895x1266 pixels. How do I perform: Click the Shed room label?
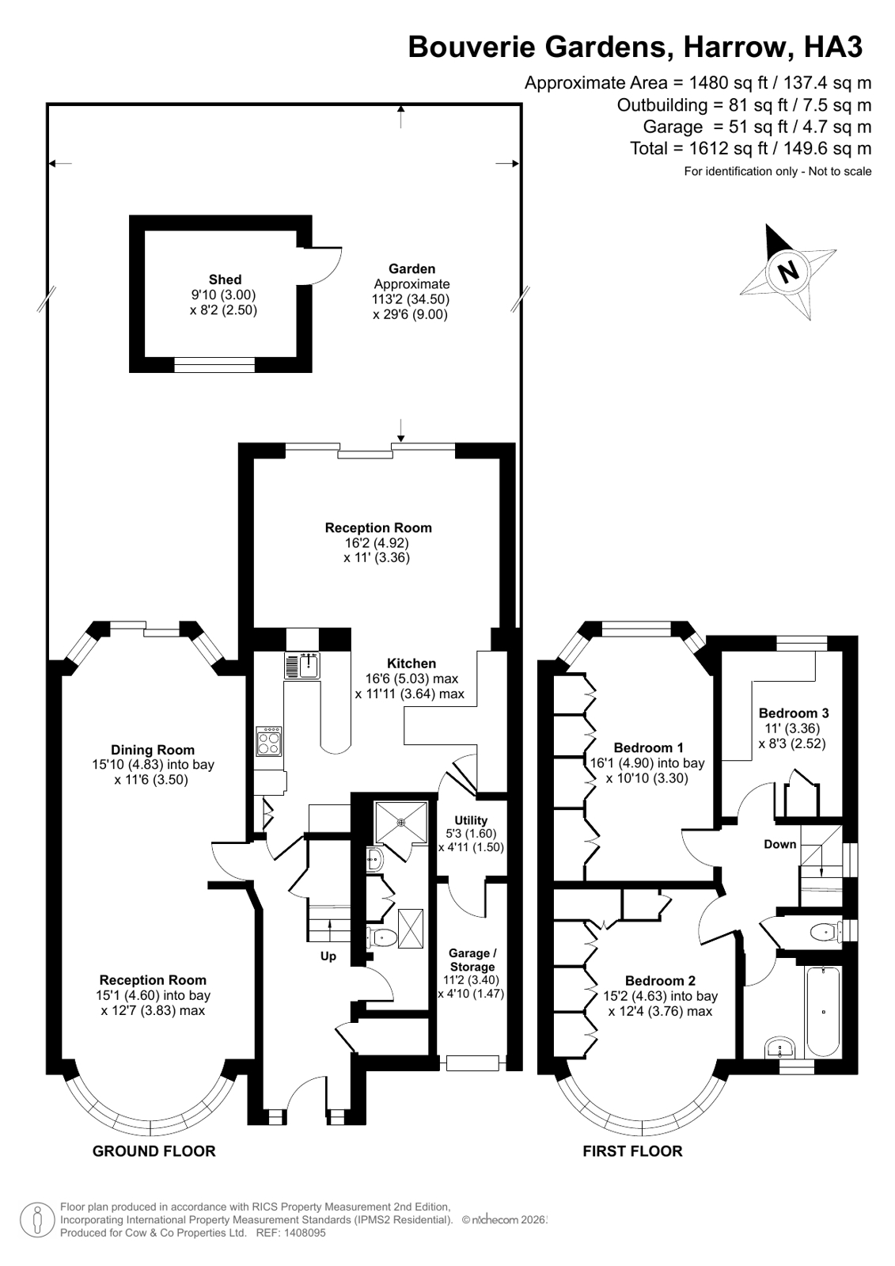(x=225, y=279)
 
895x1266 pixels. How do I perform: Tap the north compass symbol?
(x=788, y=272)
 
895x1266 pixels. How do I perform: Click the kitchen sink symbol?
(x=301, y=665)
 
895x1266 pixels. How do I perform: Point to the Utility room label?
(x=471, y=820)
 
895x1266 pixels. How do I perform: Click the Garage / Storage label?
(x=472, y=960)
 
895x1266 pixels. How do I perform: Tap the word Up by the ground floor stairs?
(x=328, y=956)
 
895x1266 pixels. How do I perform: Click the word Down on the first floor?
(x=779, y=844)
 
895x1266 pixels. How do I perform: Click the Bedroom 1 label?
(x=648, y=747)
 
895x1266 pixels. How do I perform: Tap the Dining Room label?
(x=153, y=750)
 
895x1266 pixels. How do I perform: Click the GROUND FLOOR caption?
(x=154, y=1151)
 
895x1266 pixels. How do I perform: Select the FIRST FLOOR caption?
(x=632, y=1151)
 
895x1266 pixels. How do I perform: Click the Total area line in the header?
(x=750, y=148)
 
